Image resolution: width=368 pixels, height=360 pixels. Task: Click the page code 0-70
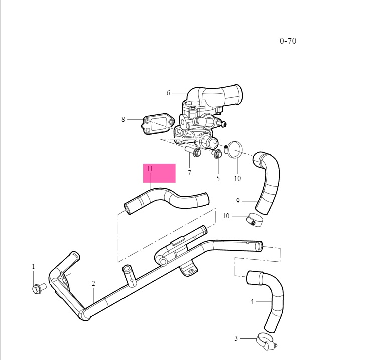coord(288,41)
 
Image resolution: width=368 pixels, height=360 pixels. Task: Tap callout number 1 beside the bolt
coord(34,266)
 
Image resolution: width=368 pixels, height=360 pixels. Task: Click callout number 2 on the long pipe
coord(93,283)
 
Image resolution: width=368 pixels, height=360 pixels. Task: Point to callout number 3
coord(236,338)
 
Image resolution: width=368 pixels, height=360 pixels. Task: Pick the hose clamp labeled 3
coord(266,342)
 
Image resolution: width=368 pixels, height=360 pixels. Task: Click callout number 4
coord(252,301)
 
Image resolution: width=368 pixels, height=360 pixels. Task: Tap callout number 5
coord(218,178)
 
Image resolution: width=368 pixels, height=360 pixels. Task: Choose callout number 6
coord(169,93)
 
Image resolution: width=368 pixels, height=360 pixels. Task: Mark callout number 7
coord(189,173)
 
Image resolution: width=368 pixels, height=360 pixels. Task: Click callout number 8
coord(123,119)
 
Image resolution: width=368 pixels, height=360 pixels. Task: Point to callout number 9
coord(238,201)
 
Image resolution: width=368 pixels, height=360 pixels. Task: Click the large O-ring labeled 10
coord(235,150)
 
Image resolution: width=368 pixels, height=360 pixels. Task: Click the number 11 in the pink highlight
coord(150,169)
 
